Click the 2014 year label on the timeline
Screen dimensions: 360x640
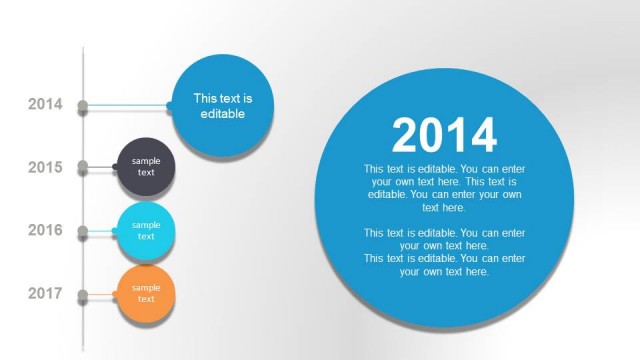coord(45,104)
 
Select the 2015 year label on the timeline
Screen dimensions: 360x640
coord(45,167)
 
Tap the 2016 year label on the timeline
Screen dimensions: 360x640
coord(45,230)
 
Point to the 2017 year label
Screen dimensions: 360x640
coord(45,293)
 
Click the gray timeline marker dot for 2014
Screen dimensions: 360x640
coord(83,105)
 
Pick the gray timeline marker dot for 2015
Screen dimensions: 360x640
coord(83,168)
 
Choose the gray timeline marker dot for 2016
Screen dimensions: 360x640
coord(83,231)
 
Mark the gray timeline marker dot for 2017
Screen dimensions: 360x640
coord(83,294)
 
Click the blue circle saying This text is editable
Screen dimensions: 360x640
coord(222,107)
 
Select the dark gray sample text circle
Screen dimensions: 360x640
coord(146,167)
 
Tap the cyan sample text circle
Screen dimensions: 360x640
coord(146,230)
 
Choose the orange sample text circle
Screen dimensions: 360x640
coord(146,293)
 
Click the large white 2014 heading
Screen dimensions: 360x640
coord(444,135)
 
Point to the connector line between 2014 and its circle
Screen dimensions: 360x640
coord(130,105)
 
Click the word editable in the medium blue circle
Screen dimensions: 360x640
coord(222,114)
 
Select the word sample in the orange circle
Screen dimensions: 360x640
coord(146,288)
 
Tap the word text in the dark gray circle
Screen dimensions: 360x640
coord(146,173)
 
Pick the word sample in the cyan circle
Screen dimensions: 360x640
coord(146,225)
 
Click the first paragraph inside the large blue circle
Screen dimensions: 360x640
coord(444,188)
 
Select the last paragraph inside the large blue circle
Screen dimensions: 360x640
coord(444,265)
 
